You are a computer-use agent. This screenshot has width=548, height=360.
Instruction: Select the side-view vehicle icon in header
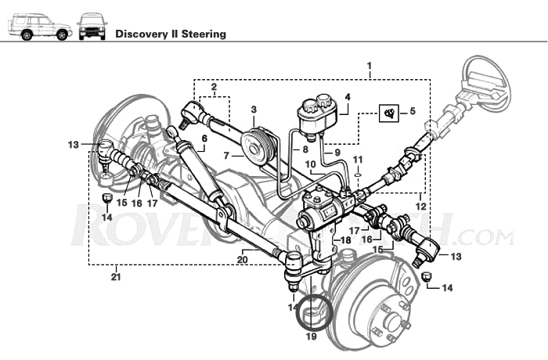click(x=39, y=27)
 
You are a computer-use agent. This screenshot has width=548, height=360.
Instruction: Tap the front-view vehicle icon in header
click(x=92, y=27)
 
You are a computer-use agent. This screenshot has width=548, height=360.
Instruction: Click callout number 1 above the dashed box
click(x=369, y=65)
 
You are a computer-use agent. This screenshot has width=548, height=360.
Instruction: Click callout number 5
click(x=413, y=112)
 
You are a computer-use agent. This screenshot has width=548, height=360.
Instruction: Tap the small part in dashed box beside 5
click(x=388, y=113)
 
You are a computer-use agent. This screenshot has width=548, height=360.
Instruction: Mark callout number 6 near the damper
click(x=204, y=139)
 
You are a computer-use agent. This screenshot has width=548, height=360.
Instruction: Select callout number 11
click(x=358, y=160)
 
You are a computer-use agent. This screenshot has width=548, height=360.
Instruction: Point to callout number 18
click(x=345, y=240)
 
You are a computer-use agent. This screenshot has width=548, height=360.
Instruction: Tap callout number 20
click(x=243, y=260)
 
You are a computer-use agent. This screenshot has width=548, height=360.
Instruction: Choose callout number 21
click(x=116, y=275)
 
